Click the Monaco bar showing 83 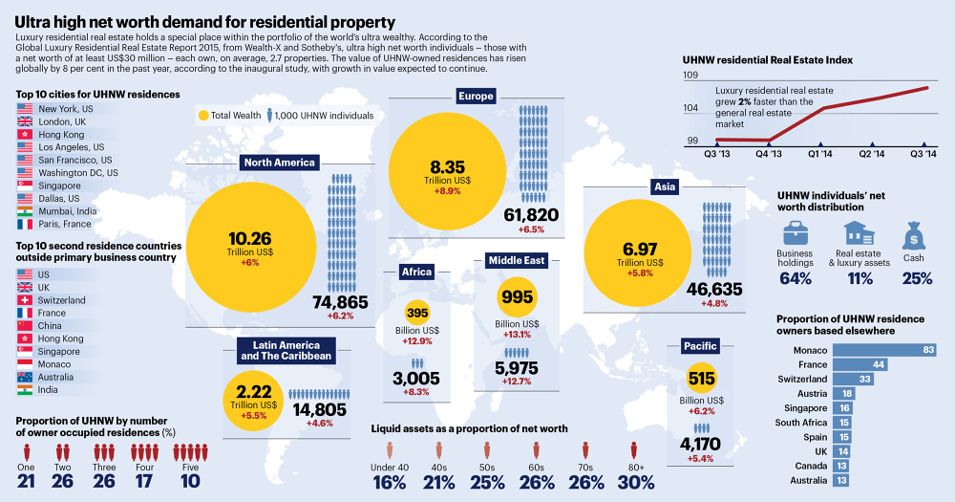tap(884, 350)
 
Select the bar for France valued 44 tap(860, 364)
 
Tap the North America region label tap(280, 163)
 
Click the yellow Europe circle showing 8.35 tap(447, 171)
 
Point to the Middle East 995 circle tap(517, 297)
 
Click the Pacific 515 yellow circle tap(701, 379)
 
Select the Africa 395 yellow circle tap(417, 313)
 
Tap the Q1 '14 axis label tap(819, 154)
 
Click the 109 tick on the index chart tap(690, 75)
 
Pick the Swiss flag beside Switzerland tap(25, 300)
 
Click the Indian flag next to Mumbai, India tap(25, 211)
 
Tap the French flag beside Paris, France tap(25, 224)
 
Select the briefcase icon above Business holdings tap(795, 232)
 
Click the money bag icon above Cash tap(914, 235)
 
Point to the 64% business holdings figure tap(796, 279)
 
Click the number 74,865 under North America tap(341, 302)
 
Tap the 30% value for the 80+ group tap(636, 483)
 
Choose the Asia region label tap(665, 186)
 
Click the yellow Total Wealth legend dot tap(203, 116)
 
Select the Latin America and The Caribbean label tap(286, 351)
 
